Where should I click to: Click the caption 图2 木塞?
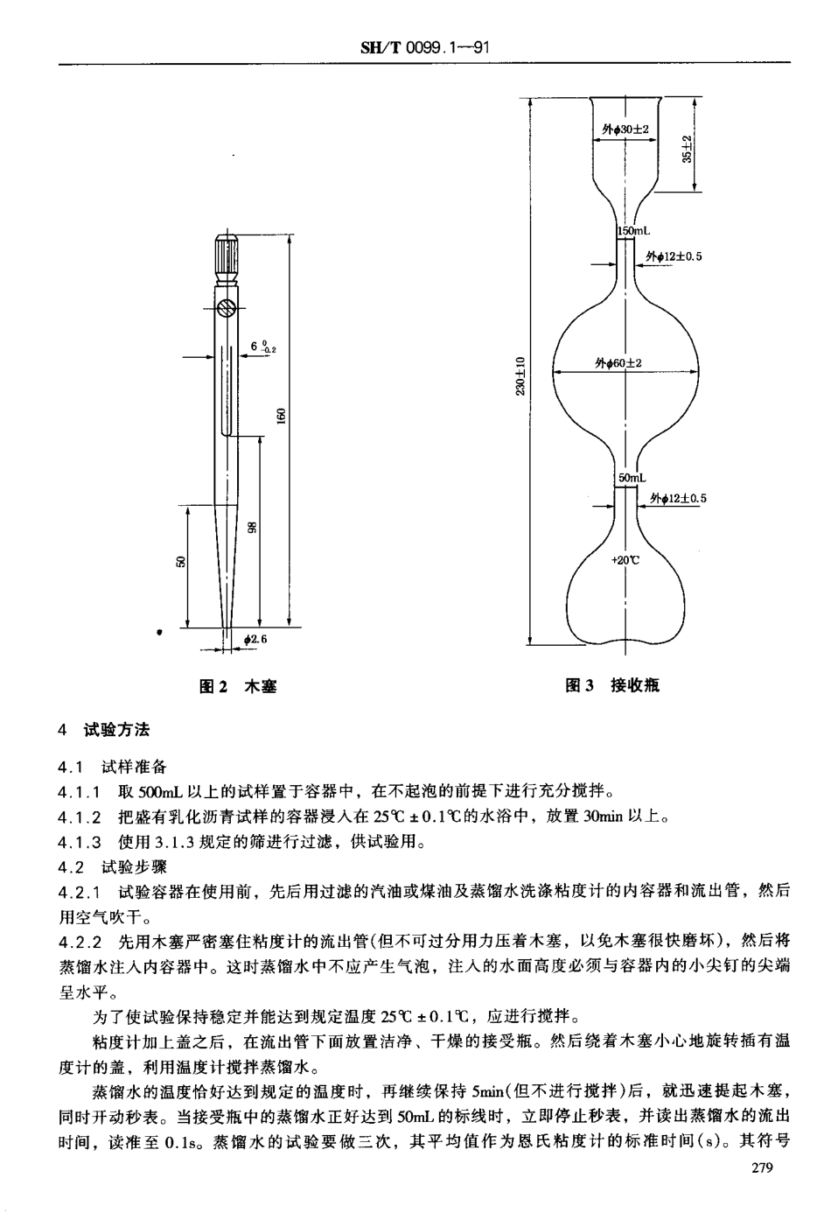pos(238,687)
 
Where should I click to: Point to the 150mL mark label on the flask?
pos(633,230)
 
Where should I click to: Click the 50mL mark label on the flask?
pos(632,478)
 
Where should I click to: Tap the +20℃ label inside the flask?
pos(625,561)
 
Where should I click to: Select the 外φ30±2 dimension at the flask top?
pos(625,130)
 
